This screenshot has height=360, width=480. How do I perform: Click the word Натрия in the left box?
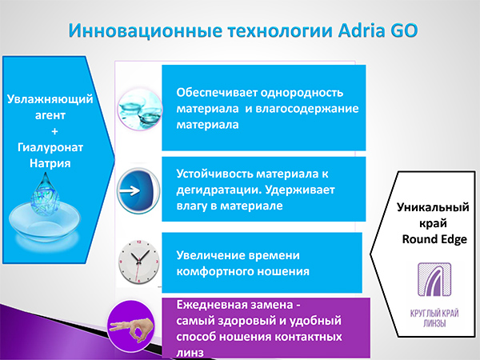point(48,163)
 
